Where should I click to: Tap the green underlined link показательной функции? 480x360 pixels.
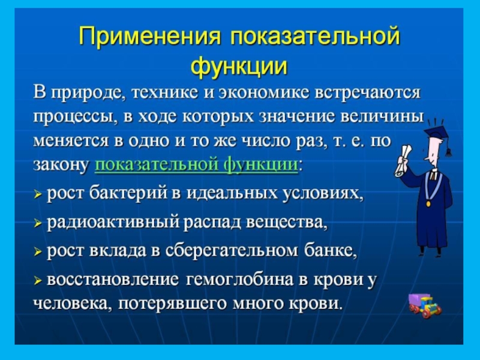click(x=196, y=165)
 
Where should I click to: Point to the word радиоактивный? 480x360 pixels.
click(x=113, y=223)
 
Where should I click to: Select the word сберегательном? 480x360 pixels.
click(x=232, y=251)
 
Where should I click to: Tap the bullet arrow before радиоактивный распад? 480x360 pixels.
click(x=37, y=224)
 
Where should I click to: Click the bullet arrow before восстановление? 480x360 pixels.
click(x=37, y=281)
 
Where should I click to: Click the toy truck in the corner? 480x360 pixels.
click(x=425, y=305)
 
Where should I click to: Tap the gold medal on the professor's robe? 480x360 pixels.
click(x=428, y=203)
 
